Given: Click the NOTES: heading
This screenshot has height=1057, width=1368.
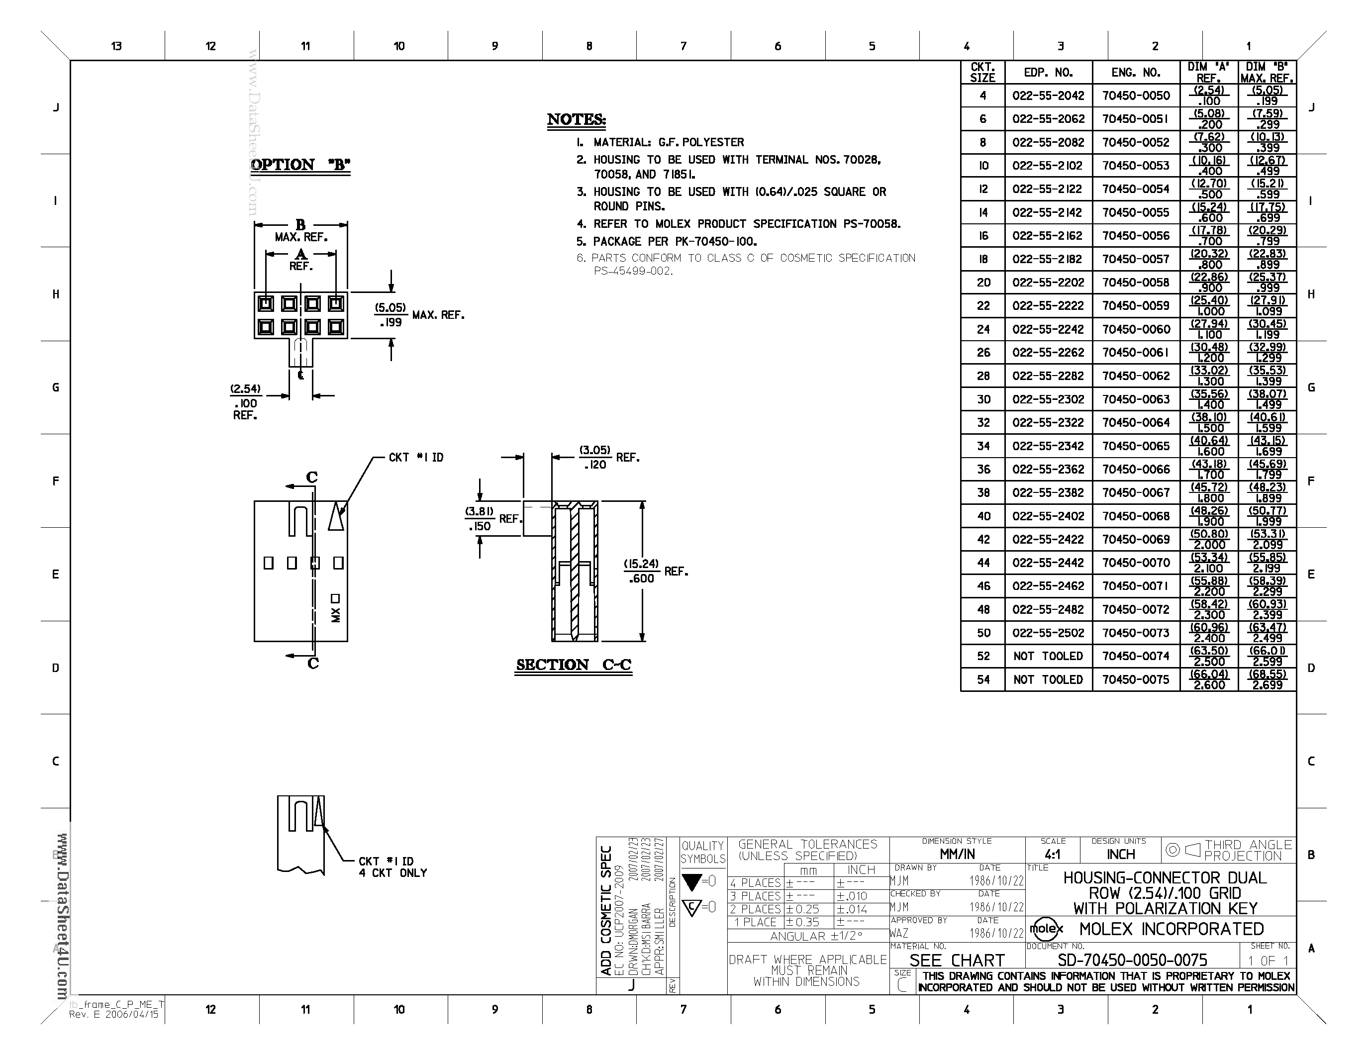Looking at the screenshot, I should (x=576, y=119).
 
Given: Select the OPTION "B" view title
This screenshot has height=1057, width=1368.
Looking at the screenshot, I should (x=300, y=165).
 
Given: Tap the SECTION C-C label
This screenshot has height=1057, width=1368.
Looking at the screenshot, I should (x=573, y=665).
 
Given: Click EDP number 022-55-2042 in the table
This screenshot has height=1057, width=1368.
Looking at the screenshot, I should (x=1048, y=96).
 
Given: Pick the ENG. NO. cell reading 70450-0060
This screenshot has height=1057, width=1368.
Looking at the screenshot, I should (x=1136, y=329).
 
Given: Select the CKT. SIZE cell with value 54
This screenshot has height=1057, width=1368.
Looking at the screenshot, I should (x=983, y=679).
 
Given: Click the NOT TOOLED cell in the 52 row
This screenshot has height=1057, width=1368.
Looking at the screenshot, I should (x=1048, y=656).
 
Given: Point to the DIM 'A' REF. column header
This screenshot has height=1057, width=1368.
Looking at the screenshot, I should (x=1208, y=73).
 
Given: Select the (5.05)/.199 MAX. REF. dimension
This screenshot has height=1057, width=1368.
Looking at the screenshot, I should (x=418, y=315).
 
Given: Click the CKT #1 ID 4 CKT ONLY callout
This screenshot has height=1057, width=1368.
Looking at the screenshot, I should (x=392, y=867).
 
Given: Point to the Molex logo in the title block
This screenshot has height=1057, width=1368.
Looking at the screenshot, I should (x=1046, y=929).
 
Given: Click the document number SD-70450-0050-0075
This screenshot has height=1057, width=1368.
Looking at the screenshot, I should (x=1132, y=960).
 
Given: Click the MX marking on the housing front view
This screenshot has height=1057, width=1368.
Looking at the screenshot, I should (x=336, y=615).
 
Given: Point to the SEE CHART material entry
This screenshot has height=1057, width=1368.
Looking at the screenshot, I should (x=957, y=961).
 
